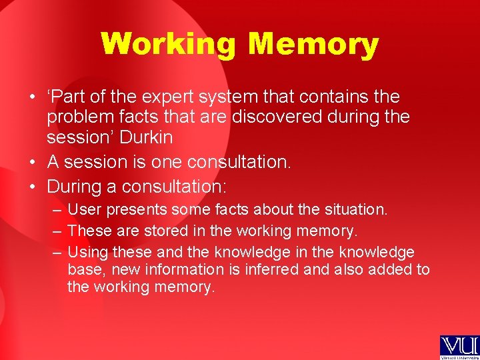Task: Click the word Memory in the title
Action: (313, 45)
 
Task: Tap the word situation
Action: (354, 209)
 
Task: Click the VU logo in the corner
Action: (459, 347)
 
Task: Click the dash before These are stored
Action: (57, 231)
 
